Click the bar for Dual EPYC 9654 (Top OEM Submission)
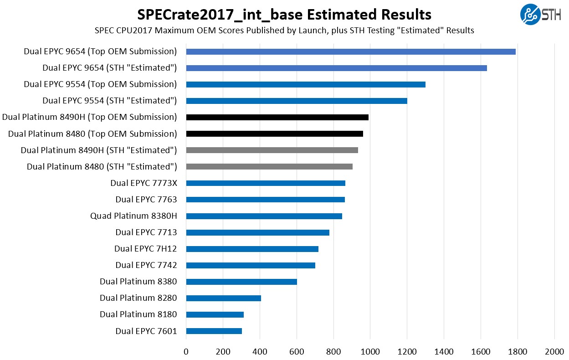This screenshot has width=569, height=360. [x=351, y=51]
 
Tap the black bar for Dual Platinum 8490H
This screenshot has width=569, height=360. [x=277, y=117]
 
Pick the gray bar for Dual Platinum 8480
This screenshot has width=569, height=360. [x=269, y=166]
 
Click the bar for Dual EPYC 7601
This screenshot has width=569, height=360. [x=214, y=331]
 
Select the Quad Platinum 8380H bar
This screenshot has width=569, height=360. [x=264, y=216]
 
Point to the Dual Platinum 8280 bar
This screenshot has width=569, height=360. [x=223, y=298]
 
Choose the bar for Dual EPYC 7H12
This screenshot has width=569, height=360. [x=252, y=249]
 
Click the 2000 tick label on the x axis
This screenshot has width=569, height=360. [x=554, y=352]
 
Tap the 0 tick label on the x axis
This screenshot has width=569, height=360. [x=186, y=352]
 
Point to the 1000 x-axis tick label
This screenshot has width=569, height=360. [x=370, y=352]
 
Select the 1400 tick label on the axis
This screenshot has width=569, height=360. [x=444, y=352]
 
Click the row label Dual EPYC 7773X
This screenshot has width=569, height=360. [x=144, y=183]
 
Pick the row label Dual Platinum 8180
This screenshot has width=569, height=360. [x=138, y=314]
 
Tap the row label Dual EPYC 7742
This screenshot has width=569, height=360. [x=146, y=265]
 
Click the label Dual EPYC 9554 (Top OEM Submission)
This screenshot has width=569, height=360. [x=100, y=84]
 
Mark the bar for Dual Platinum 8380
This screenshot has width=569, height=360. [x=241, y=282]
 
